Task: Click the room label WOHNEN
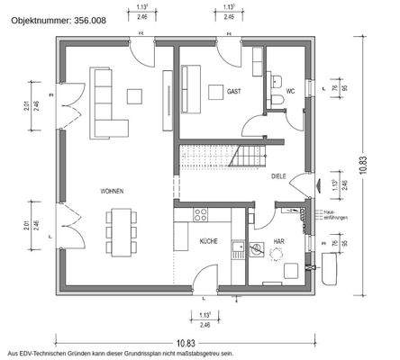click(113, 192)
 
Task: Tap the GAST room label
click(233, 92)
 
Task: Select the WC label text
click(291, 92)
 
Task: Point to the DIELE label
click(279, 176)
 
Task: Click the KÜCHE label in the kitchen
click(208, 241)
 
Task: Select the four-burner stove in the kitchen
click(200, 214)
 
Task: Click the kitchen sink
click(238, 247)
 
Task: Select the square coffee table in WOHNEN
click(136, 95)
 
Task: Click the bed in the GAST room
click(190, 87)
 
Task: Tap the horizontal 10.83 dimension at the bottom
click(186, 341)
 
